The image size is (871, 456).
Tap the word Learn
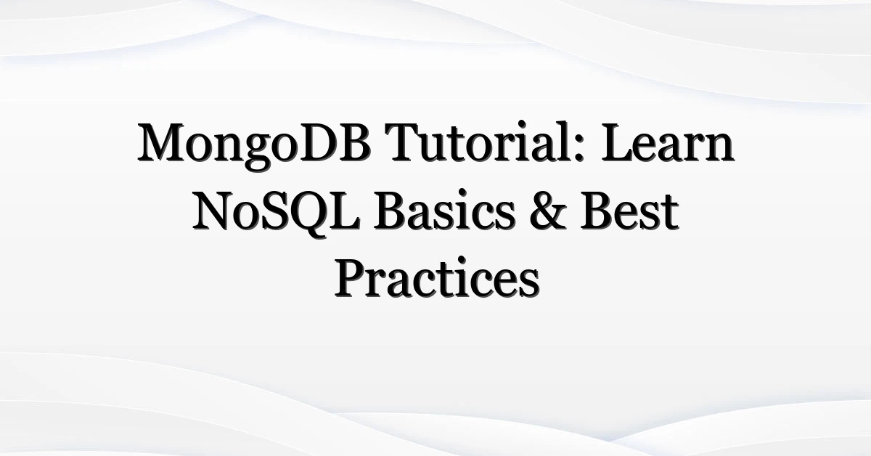(668, 143)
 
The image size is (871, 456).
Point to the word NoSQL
(277, 213)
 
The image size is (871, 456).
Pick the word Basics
(444, 211)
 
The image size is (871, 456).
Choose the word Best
(629, 211)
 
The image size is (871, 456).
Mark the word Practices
(437, 278)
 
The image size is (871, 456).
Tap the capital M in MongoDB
(164, 143)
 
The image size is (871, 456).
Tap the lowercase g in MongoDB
(258, 154)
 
